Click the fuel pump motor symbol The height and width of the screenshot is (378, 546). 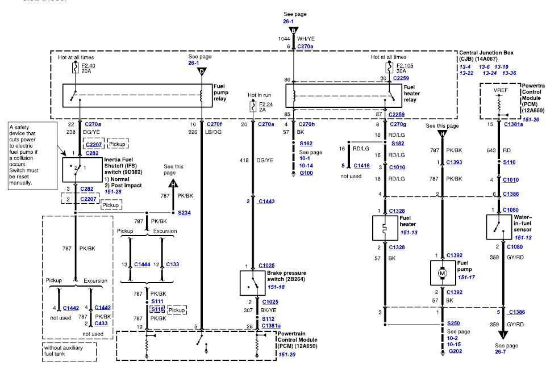pos(443,274)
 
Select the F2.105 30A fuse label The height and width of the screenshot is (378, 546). pos(404,68)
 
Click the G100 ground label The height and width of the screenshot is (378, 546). pos(306,173)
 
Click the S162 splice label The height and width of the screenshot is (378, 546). pos(306,144)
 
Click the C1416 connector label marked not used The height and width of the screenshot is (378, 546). pos(361,166)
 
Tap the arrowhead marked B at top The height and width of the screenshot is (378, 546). pos(293,31)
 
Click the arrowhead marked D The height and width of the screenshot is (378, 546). pos(202,72)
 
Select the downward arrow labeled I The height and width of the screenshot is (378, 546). pos(502,335)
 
